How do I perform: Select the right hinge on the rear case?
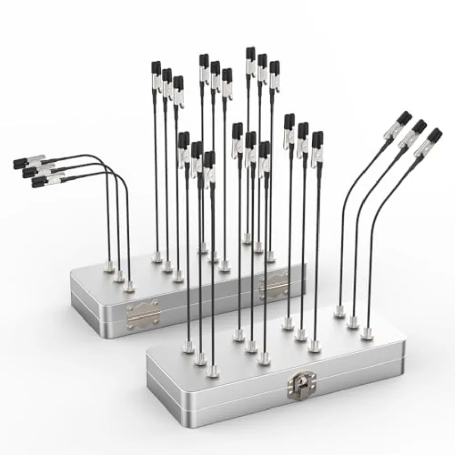(x=274, y=286)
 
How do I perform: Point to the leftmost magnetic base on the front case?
(x=188, y=347)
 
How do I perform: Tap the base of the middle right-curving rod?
(x=353, y=322)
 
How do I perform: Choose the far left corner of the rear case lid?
(x=71, y=274)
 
